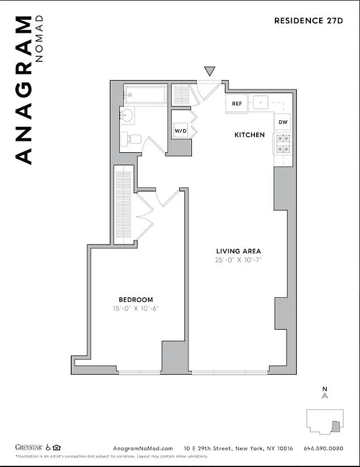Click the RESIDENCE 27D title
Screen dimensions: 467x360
[x=309, y=20]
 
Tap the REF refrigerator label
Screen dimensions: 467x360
[x=237, y=103]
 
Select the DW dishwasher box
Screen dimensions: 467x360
[x=282, y=122]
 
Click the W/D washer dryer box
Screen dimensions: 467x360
[x=180, y=131]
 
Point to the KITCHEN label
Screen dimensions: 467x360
[x=249, y=135]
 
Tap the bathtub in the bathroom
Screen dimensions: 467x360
[x=145, y=95]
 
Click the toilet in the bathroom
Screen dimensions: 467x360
[x=131, y=139]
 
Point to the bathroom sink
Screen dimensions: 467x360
[x=127, y=115]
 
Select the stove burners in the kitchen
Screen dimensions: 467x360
[x=282, y=144]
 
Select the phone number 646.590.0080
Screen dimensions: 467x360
[x=324, y=448]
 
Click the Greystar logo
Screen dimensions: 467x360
[x=29, y=447]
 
